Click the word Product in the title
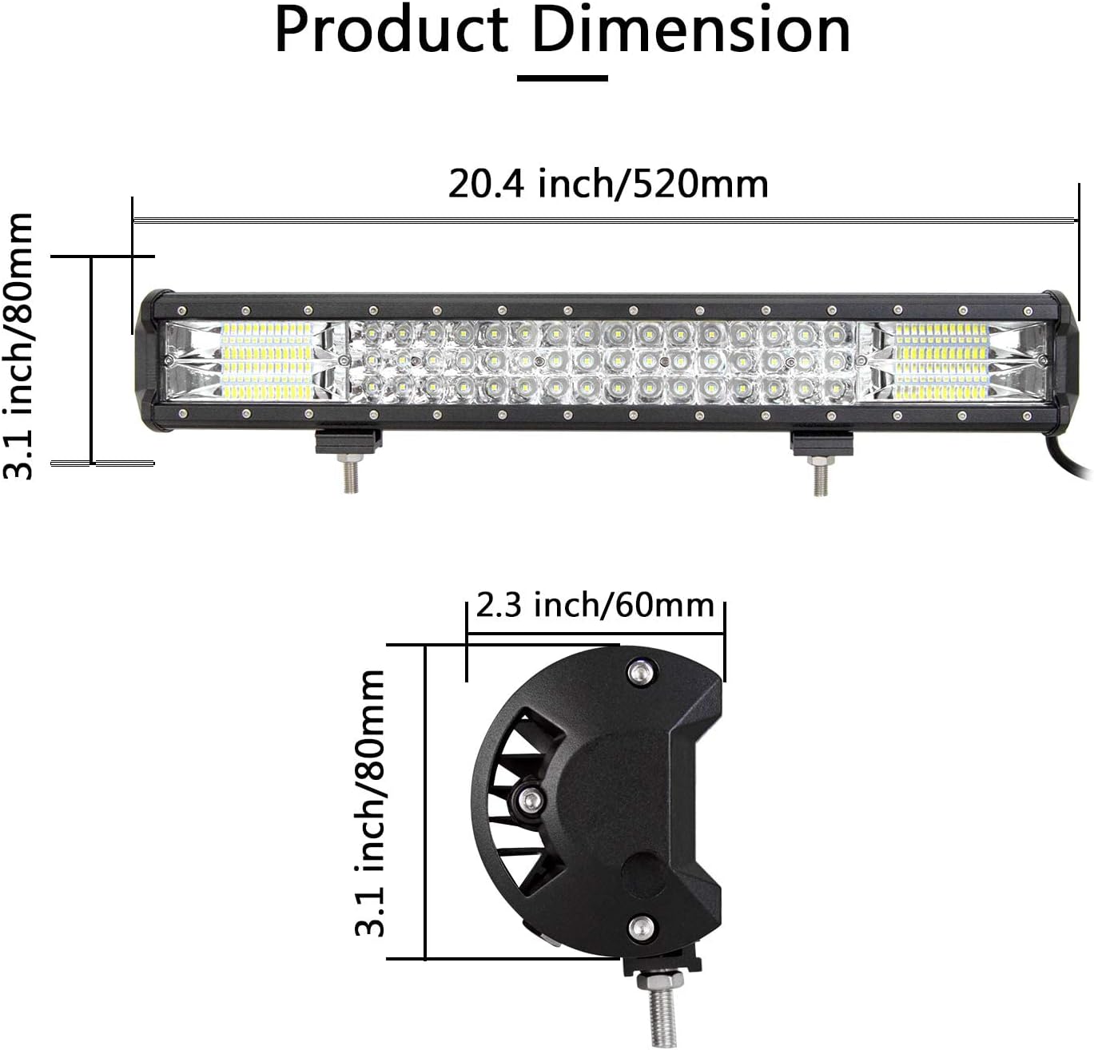392,32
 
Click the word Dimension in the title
691,30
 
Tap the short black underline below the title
562,78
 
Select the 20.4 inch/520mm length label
608,184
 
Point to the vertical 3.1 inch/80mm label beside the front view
18,346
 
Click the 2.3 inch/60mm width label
595,606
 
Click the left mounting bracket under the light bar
348,441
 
